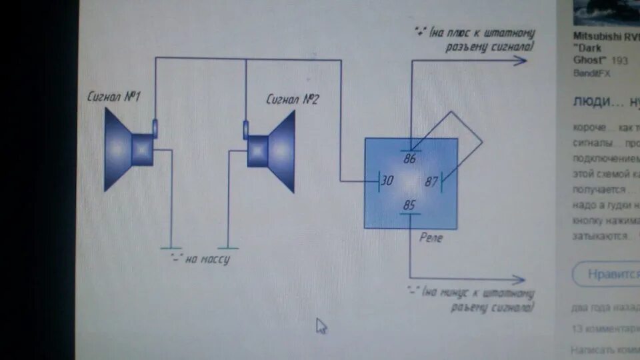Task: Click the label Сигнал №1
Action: [x=114, y=97]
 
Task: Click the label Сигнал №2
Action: [x=293, y=101]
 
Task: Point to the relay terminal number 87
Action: [x=432, y=181]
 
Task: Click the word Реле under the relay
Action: [x=429, y=238]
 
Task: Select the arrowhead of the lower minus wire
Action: [x=519, y=281]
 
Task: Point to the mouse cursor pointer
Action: [x=321, y=325]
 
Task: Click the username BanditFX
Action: [x=592, y=73]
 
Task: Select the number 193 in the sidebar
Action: [x=619, y=60]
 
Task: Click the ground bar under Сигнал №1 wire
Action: [x=171, y=247]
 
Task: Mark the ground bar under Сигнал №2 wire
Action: [x=228, y=247]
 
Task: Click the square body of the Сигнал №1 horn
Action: [x=141, y=149]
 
